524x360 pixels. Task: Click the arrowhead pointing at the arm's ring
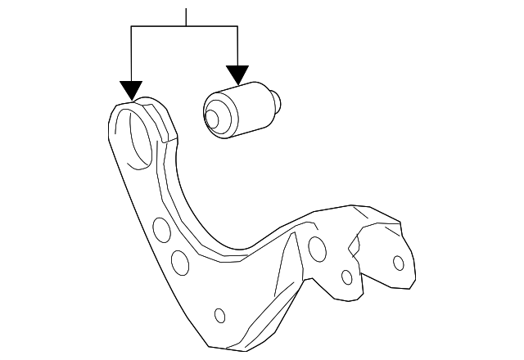[131, 91]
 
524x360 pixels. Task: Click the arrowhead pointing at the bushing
[237, 75]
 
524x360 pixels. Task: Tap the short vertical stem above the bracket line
[187, 16]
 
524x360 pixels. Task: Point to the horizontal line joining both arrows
[184, 27]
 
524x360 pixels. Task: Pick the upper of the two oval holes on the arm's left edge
[162, 230]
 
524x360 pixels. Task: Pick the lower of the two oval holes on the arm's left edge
[178, 262]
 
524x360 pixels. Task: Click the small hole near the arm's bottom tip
[219, 315]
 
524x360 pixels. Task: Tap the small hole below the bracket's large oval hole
[347, 277]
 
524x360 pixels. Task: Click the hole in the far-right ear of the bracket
[399, 263]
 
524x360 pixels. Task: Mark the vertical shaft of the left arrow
[131, 53]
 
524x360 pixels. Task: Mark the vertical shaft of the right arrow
[237, 45]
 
